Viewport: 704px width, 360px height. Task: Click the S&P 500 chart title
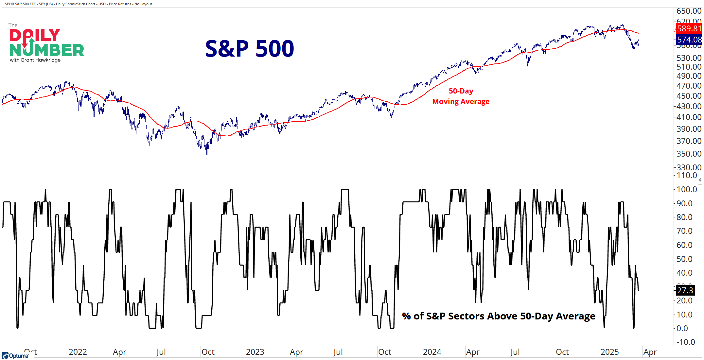coord(249,49)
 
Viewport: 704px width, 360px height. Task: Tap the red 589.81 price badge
coord(689,29)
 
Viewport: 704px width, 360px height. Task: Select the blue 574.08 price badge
coord(689,40)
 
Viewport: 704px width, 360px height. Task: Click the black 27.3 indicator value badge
coord(685,290)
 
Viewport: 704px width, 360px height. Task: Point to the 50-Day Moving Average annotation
coord(461,96)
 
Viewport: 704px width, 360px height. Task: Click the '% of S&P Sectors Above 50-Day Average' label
coord(499,316)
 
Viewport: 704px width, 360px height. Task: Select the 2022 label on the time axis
coord(78,352)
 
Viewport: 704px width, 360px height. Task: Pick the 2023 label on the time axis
coord(255,352)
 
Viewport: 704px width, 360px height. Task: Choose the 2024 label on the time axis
coord(432,352)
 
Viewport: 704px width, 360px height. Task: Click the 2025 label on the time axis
coord(609,352)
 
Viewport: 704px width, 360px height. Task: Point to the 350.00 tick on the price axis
coord(689,154)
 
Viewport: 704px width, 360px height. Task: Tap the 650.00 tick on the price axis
coord(689,11)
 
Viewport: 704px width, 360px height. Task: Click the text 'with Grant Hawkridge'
coord(35,60)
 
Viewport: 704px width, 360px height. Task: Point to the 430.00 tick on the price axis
coord(689,106)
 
